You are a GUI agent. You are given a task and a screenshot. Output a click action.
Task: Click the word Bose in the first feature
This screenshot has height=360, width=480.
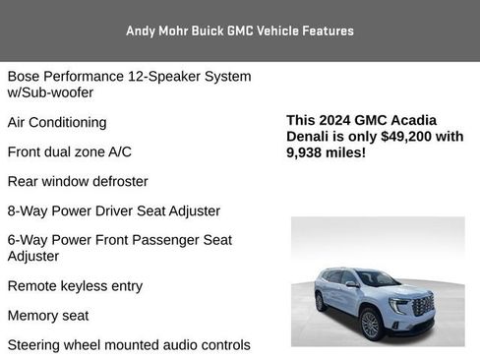[25, 77]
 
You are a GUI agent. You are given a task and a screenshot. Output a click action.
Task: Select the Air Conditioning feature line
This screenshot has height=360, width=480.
[71, 123]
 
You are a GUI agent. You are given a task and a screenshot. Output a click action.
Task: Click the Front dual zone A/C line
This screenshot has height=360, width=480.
[69, 152]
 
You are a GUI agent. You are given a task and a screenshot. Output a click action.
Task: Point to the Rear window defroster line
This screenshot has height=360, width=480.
[78, 182]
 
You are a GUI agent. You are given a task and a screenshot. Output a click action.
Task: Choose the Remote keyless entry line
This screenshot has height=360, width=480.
[75, 286]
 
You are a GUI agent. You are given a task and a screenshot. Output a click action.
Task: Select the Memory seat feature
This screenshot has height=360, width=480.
[48, 316]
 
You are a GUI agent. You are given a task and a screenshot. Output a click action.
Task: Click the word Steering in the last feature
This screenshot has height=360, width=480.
[36, 345]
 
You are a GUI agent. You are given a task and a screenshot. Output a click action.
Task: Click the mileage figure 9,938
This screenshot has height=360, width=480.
[307, 153]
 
